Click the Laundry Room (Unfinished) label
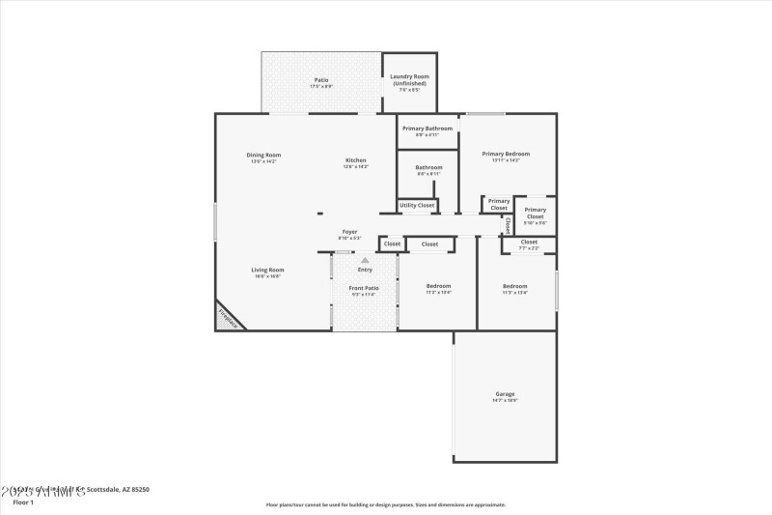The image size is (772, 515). pyautogui.click(x=409, y=79)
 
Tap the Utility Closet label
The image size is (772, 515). pyautogui.click(x=417, y=205)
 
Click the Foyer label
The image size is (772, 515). pyautogui.click(x=349, y=234)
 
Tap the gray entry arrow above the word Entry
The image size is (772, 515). pyautogui.click(x=365, y=260)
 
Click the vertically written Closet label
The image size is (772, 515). pyautogui.click(x=508, y=225)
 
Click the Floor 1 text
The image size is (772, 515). pyautogui.click(x=23, y=502)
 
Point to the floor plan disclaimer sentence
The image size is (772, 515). pyautogui.click(x=385, y=504)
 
